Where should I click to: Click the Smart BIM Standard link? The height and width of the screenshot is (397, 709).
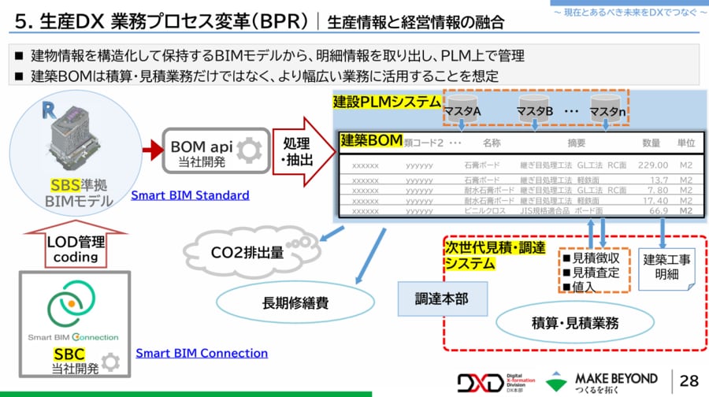tap(190, 195)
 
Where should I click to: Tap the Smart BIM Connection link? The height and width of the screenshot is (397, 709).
tap(202, 353)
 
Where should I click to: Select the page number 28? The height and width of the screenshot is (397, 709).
tap(689, 380)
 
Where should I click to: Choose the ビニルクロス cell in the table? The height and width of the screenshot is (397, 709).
tap(486, 211)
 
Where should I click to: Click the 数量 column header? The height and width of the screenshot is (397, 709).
tap(651, 143)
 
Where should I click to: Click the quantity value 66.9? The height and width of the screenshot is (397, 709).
tap(655, 211)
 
